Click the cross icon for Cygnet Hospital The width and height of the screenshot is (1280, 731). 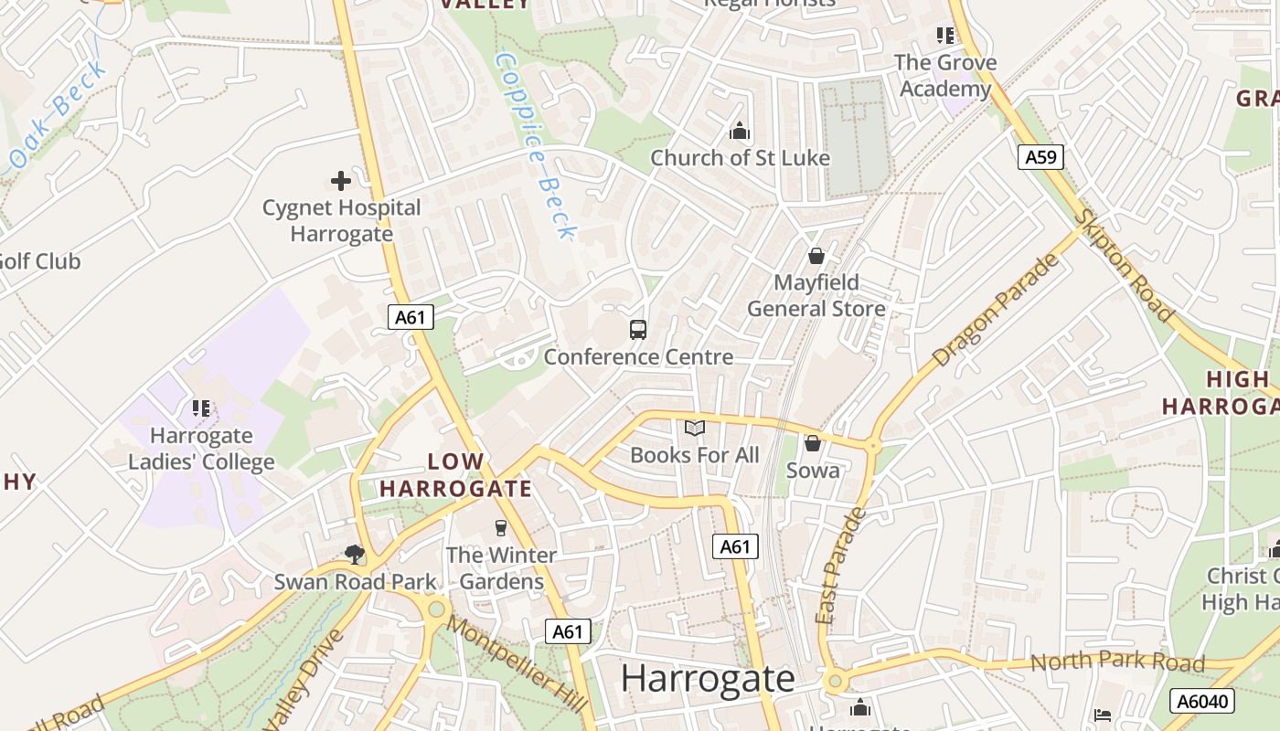(x=341, y=181)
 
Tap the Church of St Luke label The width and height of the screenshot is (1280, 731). (x=740, y=158)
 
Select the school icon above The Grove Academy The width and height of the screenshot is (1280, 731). (x=945, y=36)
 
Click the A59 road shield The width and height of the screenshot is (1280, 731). (x=1040, y=157)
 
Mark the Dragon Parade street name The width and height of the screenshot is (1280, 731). (x=996, y=310)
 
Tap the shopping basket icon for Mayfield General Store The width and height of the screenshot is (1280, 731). (x=816, y=256)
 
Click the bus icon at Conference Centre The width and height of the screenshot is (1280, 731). (x=638, y=330)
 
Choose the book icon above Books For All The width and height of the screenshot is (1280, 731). (x=695, y=428)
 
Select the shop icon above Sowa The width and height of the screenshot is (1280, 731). (x=812, y=443)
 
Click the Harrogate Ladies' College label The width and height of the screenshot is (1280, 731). (x=201, y=449)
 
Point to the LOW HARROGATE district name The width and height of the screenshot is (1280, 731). (x=455, y=475)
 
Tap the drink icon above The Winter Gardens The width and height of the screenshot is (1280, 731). (x=500, y=527)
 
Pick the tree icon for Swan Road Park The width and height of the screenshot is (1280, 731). (x=355, y=554)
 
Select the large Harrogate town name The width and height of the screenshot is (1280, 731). (x=708, y=679)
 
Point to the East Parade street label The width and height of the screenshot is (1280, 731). (x=839, y=567)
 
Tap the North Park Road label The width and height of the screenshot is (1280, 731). (x=1117, y=662)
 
